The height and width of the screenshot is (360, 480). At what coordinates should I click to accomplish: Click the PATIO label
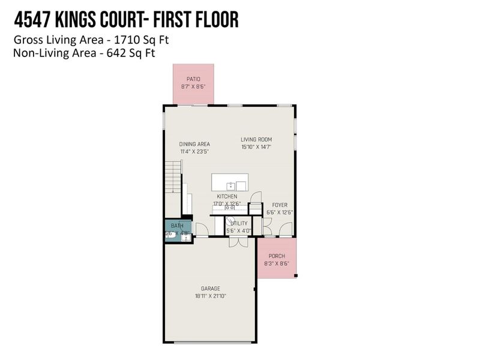(193, 79)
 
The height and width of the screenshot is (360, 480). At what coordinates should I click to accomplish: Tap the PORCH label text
(277, 256)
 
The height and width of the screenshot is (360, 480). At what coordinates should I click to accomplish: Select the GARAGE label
(210, 288)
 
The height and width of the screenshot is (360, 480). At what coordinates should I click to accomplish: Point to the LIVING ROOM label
(256, 139)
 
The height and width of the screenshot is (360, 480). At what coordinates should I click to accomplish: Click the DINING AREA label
(194, 144)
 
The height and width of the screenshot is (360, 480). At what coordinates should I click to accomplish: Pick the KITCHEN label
(227, 196)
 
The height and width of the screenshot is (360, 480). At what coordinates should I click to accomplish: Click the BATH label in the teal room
(176, 226)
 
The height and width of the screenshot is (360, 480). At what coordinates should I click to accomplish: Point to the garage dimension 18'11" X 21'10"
(210, 296)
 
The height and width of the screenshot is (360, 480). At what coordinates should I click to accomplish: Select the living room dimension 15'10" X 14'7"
(256, 147)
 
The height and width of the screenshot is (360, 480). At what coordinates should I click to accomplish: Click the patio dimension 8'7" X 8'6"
(193, 86)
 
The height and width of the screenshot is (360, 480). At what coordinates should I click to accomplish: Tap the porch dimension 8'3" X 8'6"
(277, 263)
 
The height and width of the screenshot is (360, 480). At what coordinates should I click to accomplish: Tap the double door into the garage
(238, 242)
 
